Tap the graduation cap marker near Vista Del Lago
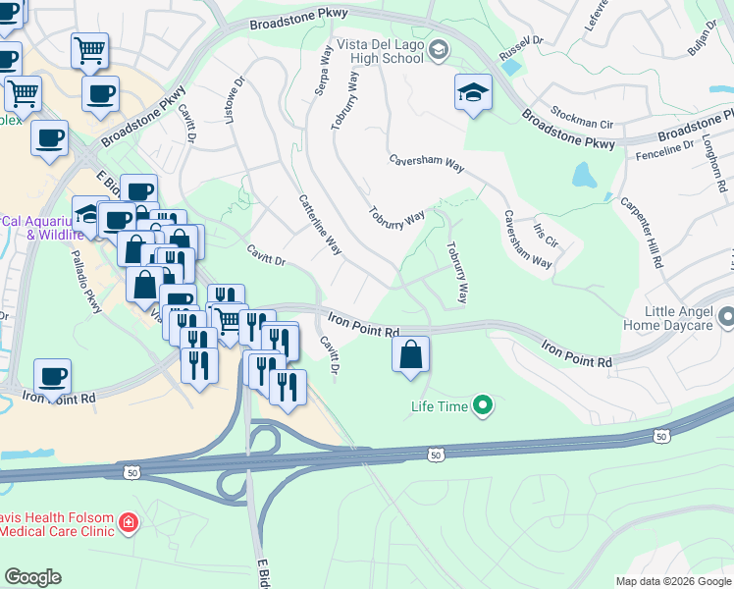[473, 94]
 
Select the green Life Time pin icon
[482, 404]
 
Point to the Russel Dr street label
[520, 45]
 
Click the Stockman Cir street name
[582, 124]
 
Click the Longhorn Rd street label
[713, 163]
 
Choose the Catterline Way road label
[320, 225]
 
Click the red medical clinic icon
[128, 521]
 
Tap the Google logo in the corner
[33, 577]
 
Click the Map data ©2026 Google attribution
[672, 581]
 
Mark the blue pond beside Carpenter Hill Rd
[584, 176]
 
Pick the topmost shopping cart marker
[89, 49]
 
